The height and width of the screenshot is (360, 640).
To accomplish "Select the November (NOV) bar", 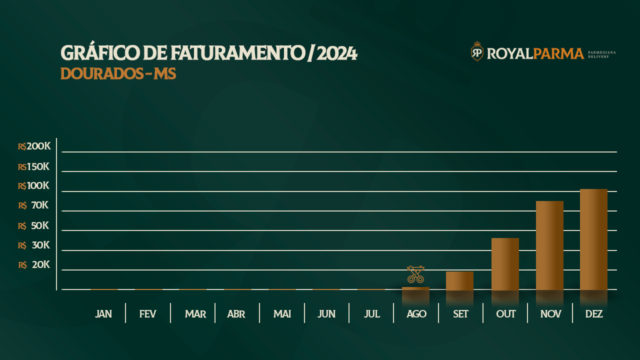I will click(549, 245).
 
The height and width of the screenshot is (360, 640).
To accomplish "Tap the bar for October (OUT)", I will click(505, 263).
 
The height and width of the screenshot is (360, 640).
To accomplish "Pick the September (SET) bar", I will click(459, 280).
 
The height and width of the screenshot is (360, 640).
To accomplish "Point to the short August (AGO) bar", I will click(415, 288).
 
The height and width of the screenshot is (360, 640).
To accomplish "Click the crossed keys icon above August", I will click(415, 274).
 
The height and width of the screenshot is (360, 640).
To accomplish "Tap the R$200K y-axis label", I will click(34, 146).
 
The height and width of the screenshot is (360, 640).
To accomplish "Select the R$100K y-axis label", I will click(33, 185).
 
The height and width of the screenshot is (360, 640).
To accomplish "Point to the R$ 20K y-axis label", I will click(34, 264).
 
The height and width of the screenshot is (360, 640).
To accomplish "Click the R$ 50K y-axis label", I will click(33, 225).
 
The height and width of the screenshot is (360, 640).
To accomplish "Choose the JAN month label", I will click(103, 314).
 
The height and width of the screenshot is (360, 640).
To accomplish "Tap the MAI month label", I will click(282, 314).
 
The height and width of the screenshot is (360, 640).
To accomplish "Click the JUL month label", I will click(372, 314).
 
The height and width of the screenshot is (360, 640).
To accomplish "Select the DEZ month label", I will click(594, 314).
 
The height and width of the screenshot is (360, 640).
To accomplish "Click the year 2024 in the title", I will click(337, 53).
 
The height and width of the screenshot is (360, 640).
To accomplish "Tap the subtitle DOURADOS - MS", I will click(118, 73).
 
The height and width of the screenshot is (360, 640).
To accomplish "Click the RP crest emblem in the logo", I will click(477, 51).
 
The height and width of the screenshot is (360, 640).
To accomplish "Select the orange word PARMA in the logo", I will click(558, 53).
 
